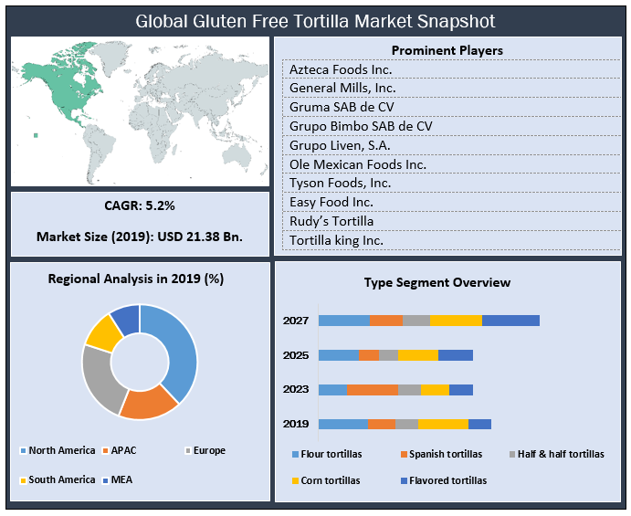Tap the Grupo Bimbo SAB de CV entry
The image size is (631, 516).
point(361,126)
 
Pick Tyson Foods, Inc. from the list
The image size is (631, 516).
point(340,184)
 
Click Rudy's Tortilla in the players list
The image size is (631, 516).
point(331,221)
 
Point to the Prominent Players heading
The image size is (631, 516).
point(447,50)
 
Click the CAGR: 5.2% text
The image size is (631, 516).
point(140,205)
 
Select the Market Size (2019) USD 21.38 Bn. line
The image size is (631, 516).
point(140,237)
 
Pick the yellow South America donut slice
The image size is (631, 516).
point(103,333)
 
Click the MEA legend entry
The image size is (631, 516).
point(120,479)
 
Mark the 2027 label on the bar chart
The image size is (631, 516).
point(296,321)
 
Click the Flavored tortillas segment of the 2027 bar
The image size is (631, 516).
point(510,321)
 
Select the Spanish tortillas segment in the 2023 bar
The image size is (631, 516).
point(372,390)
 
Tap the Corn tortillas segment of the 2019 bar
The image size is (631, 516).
point(443,424)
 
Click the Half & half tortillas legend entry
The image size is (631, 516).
point(560,454)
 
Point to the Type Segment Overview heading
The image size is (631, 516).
point(437,282)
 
